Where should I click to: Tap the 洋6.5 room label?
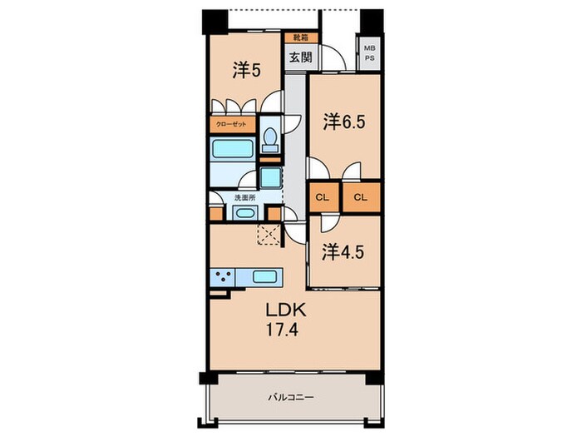[344, 122]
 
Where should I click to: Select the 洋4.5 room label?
[343, 252]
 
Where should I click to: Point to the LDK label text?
[286, 310]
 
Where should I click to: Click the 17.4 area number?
[282, 330]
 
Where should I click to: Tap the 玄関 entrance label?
[301, 57]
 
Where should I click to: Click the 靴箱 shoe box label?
[301, 37]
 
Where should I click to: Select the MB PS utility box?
[369, 53]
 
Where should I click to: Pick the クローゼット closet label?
[231, 125]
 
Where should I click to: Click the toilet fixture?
[270, 140]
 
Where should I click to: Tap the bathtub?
[232, 149]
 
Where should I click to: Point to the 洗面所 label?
[244, 198]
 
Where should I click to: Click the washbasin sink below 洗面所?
[245, 213]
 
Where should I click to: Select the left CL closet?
[323, 197]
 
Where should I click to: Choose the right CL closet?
[361, 197]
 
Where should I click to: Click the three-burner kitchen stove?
[223, 277]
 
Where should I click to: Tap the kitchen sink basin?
[264, 277]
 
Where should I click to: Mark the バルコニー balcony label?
[291, 398]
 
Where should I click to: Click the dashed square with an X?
[269, 235]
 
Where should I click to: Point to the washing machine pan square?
[270, 177]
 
